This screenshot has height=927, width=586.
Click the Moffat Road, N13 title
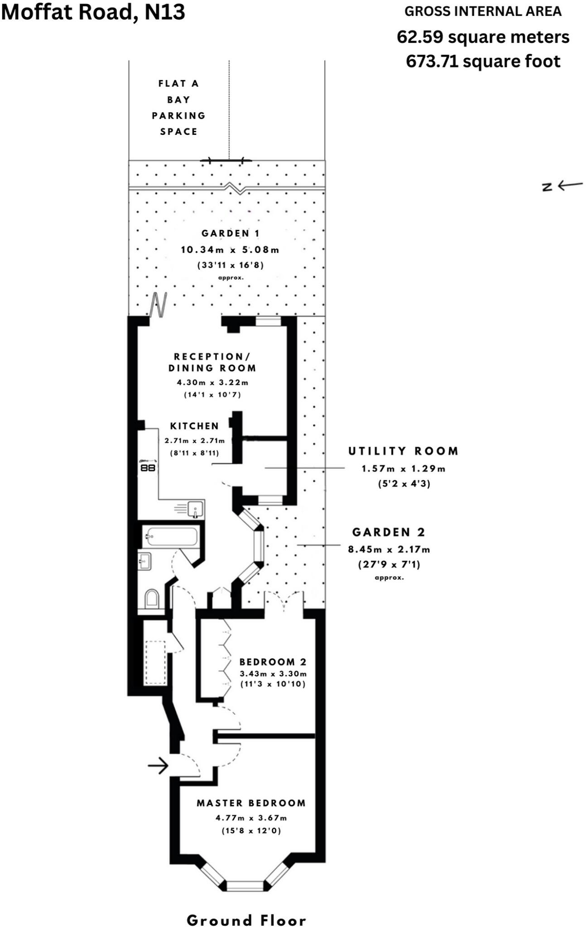93,12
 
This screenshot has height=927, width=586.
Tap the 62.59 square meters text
483,37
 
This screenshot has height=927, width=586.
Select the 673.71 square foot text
483,61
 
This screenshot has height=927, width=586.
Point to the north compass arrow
562,185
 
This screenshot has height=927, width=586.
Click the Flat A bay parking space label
178,108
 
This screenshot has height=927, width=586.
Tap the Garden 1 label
231,234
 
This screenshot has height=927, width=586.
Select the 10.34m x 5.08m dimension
230,249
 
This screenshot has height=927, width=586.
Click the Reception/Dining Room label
212,363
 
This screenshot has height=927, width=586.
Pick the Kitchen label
194,426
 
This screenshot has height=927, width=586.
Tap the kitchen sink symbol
195,509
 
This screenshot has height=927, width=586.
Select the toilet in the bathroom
152,599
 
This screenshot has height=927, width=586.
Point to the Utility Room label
403,451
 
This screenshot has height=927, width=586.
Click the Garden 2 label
389,532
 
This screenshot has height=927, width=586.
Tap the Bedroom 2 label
273,662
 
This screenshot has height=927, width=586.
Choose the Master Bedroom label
251,803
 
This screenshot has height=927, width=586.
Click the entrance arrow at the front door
159,766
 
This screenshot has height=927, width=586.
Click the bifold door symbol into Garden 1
158,305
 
